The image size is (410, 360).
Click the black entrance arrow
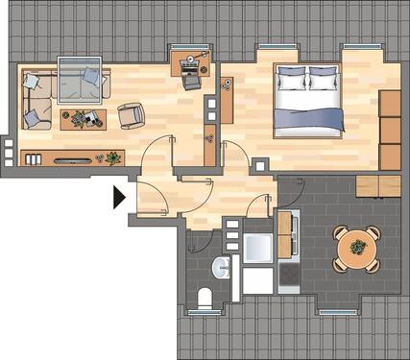[119, 197]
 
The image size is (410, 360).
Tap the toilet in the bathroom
[203, 298]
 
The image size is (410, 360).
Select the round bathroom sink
[223, 267]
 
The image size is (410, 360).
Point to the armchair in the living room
[131, 115]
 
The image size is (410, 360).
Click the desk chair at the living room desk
[191, 78]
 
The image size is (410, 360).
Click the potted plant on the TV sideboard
[112, 156]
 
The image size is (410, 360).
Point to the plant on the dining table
[356, 247]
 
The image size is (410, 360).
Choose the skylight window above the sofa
[80, 80]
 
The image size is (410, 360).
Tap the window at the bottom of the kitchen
[337, 312]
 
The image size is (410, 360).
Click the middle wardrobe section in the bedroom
[390, 130]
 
